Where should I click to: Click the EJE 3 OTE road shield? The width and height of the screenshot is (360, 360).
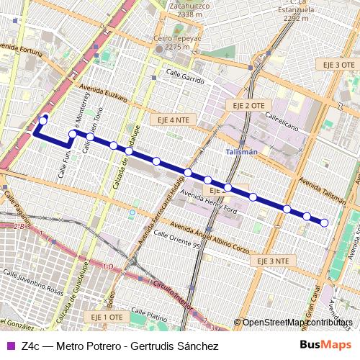[338, 65]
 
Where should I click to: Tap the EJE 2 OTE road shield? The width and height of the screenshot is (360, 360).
[249, 105]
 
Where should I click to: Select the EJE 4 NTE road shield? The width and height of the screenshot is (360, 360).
[169, 119]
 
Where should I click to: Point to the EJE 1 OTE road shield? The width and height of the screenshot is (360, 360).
[107, 317]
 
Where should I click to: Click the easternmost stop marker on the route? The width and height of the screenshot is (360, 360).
[324, 223]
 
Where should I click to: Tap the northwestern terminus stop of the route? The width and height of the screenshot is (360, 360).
[44, 120]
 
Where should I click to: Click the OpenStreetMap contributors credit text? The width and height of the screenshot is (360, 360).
[296, 322]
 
